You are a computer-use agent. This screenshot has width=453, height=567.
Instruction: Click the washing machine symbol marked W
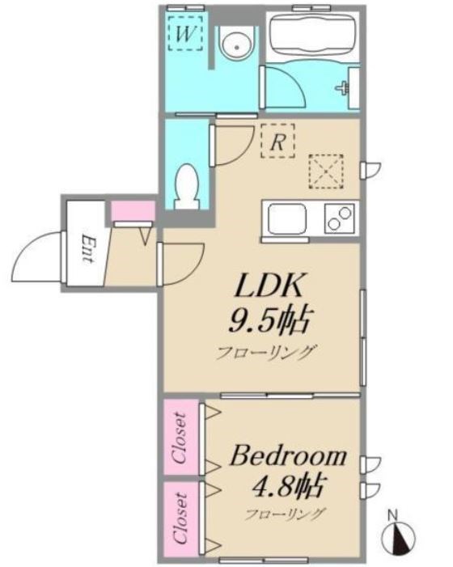(185, 35)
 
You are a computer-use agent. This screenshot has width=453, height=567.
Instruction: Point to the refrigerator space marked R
(277, 142)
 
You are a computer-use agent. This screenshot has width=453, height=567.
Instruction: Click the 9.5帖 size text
(269, 321)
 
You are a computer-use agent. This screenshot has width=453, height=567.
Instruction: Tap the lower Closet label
(181, 515)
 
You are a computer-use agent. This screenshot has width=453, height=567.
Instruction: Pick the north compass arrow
(398, 535)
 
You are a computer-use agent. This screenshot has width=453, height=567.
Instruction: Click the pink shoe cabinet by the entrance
(132, 211)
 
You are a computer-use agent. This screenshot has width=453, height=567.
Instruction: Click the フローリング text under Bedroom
(286, 514)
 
